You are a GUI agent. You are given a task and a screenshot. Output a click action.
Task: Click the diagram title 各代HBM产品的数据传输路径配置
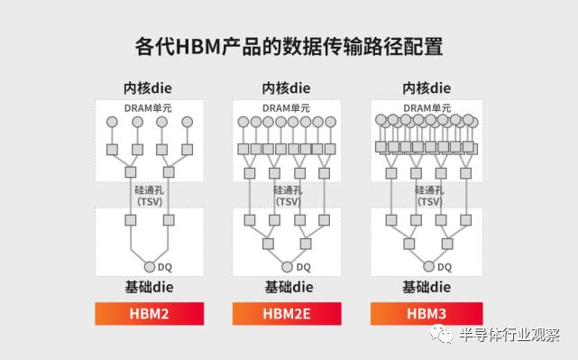pyautogui.click(x=289, y=45)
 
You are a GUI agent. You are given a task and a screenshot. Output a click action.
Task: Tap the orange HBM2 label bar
pyautogui.click(x=150, y=314)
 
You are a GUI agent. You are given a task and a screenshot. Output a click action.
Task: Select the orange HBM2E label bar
pyautogui.click(x=288, y=314)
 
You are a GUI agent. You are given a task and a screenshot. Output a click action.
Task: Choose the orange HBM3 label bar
pyautogui.click(x=426, y=314)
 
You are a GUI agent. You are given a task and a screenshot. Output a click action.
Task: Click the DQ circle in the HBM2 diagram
pyautogui.click(x=150, y=267)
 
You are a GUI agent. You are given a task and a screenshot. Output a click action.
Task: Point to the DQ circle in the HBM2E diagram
pyautogui.click(x=288, y=267)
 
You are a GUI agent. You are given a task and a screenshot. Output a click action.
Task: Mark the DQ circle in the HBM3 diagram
pyautogui.click(x=427, y=267)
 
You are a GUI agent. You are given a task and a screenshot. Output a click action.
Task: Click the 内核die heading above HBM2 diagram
pyautogui.click(x=148, y=88)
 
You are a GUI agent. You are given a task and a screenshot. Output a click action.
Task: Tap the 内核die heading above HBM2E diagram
pyautogui.click(x=287, y=88)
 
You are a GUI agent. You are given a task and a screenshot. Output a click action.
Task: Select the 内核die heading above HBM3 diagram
pyautogui.click(x=426, y=88)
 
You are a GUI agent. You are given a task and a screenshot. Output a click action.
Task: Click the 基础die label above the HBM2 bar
pyautogui.click(x=150, y=288)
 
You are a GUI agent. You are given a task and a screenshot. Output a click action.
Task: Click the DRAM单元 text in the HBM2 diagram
pyautogui.click(x=149, y=108)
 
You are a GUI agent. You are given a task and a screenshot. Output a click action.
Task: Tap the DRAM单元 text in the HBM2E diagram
pyautogui.click(x=287, y=108)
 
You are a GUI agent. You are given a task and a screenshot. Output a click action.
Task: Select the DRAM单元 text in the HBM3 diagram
pyautogui.click(x=427, y=108)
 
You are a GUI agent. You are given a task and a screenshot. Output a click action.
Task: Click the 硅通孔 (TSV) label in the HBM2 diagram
pyautogui.click(x=150, y=196)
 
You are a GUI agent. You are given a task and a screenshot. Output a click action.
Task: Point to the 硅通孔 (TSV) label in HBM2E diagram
pyautogui.click(x=288, y=196)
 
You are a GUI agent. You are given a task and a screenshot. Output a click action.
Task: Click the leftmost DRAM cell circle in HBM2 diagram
pyautogui.click(x=113, y=122)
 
